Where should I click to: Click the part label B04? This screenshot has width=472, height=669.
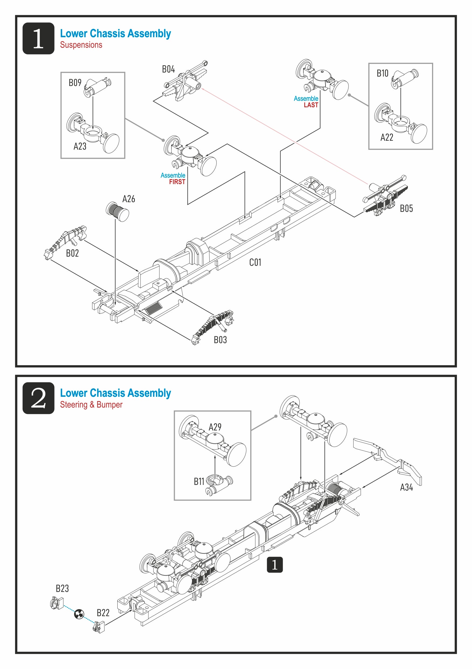(168, 69)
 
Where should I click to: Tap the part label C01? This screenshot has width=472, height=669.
(255, 263)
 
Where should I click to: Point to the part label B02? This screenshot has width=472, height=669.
(72, 253)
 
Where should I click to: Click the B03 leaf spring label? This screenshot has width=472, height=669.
(220, 340)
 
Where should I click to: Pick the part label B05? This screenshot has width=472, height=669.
(406, 209)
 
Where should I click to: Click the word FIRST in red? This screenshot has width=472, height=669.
(177, 182)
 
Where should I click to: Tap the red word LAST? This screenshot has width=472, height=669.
(311, 105)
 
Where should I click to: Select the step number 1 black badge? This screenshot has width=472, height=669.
(39, 39)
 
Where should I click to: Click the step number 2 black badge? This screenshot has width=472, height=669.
(39, 398)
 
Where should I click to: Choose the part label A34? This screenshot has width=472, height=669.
(406, 487)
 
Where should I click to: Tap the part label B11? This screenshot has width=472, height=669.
(199, 482)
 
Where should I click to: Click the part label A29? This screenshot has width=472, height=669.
(215, 427)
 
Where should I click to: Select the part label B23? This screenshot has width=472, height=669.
(62, 588)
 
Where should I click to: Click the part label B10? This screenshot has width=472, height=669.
(382, 73)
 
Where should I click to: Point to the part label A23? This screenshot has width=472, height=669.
(80, 146)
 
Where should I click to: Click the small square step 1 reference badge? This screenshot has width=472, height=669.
(275, 565)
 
